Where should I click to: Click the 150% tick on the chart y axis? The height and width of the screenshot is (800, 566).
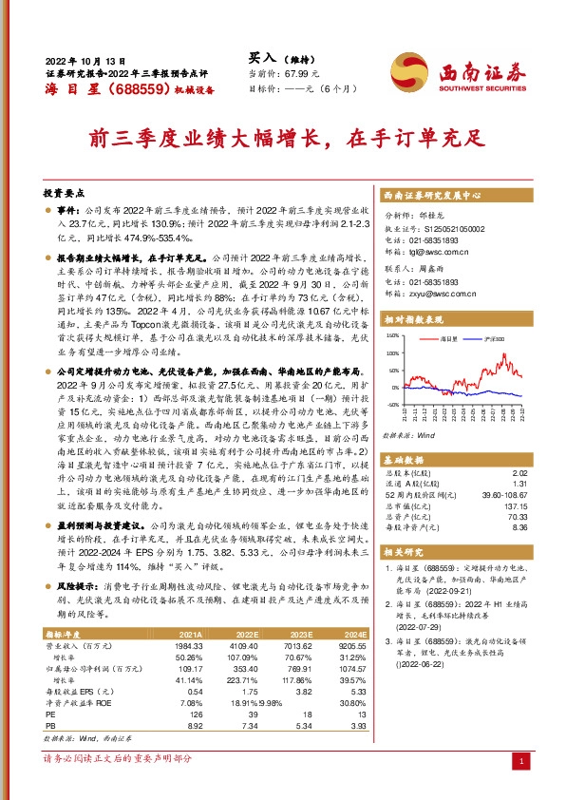coord(393,336)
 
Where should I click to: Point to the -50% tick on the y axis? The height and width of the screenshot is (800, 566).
coord(393,405)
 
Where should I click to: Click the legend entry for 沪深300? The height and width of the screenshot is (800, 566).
coord(491,337)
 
